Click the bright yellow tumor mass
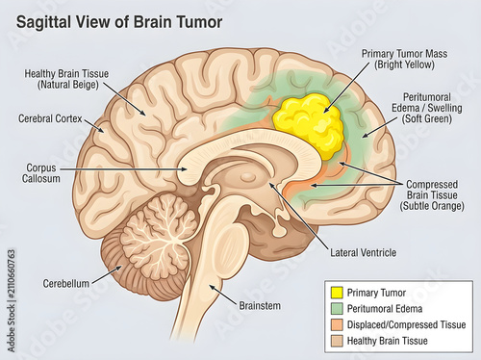tap(308, 124)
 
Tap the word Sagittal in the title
tap(43, 22)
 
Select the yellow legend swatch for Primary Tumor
tap(337, 293)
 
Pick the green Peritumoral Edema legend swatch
tap(337, 309)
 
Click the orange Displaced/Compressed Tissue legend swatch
tap(337, 324)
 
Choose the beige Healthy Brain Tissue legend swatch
tap(337, 341)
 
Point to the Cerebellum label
tap(66, 284)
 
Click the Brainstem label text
tap(260, 306)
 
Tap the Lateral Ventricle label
tap(364, 253)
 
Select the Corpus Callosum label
tap(41, 173)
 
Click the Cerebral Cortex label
tap(50, 118)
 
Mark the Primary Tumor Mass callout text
tap(404, 59)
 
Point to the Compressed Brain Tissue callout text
tap(432, 195)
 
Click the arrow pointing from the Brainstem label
tap(222, 294)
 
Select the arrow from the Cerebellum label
tap(107, 274)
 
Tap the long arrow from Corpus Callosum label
tap(123, 168)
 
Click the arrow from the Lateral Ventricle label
tap(298, 216)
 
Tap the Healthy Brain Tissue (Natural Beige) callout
tap(66, 79)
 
